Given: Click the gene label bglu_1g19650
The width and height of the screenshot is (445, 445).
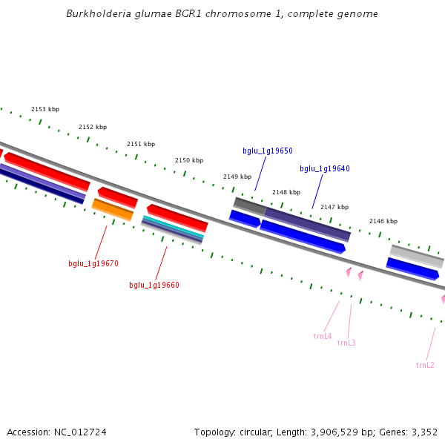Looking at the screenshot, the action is (267, 151).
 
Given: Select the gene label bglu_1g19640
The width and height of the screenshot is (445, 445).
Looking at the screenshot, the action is (324, 168).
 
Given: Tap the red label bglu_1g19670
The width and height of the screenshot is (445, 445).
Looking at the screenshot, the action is (93, 263).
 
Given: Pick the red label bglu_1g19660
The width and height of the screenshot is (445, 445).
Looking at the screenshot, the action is (154, 285).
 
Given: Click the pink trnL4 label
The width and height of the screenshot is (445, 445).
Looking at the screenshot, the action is (323, 336).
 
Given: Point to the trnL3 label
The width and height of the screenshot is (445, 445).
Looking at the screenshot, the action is (346, 343).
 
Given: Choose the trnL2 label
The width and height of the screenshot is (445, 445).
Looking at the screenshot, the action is (425, 365).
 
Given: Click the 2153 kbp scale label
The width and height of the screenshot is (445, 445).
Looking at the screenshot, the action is (44, 109).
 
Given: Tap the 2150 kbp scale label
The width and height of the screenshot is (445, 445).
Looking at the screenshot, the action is (188, 160).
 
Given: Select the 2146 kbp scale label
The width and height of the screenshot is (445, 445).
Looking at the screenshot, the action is (383, 221).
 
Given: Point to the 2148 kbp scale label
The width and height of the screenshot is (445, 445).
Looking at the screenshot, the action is (286, 192).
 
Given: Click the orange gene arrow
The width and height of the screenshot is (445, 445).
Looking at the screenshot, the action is (112, 209).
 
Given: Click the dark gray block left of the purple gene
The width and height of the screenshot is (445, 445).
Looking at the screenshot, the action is (249, 205).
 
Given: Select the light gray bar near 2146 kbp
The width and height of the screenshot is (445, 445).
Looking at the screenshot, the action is (416, 256).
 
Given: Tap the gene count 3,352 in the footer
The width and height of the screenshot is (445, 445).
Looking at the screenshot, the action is (423, 432).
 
